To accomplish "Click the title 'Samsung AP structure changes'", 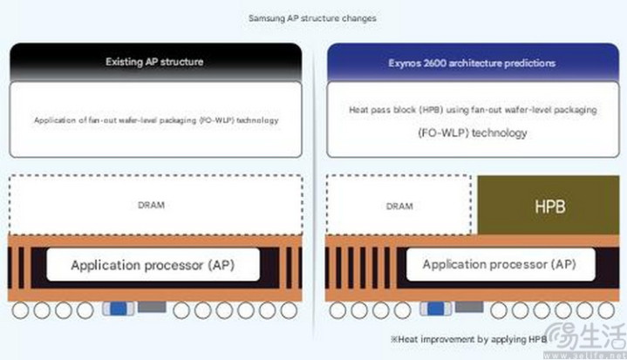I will point(313,17).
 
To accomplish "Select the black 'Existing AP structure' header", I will point(155,63).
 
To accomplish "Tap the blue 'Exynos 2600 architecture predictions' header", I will point(472,63).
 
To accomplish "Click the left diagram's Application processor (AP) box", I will point(153,263).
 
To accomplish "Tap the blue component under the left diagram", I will point(117,308).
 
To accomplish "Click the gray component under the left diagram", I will point(151,308).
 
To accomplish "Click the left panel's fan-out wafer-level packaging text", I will point(155,119).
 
